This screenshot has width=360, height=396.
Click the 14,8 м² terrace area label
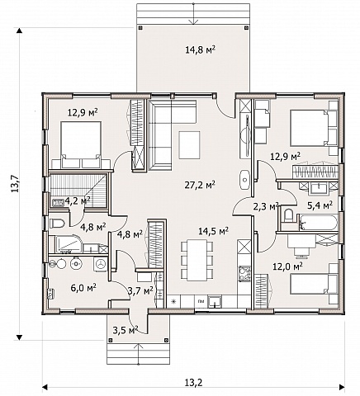200,49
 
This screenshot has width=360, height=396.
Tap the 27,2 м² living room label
200,185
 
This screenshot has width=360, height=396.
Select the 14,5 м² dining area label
214,231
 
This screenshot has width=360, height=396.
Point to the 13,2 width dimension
194,382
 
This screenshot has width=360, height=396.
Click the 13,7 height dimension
15,183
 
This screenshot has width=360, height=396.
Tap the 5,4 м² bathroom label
320,205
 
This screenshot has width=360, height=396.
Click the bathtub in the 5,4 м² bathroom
317,223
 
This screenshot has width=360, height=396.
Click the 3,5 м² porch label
126,330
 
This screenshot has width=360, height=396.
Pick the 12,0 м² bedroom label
287,266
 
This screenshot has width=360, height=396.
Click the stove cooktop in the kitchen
244,274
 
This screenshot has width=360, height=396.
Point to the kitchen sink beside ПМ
215,301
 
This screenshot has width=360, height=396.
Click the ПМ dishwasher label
201,301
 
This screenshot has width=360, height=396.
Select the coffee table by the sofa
189,145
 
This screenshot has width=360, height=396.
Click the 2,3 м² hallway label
266,206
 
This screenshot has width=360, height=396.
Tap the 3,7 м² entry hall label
140,290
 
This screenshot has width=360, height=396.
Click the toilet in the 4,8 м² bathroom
57,223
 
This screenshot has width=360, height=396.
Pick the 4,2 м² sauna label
78,201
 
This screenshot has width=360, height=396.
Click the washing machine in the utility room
101,264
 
